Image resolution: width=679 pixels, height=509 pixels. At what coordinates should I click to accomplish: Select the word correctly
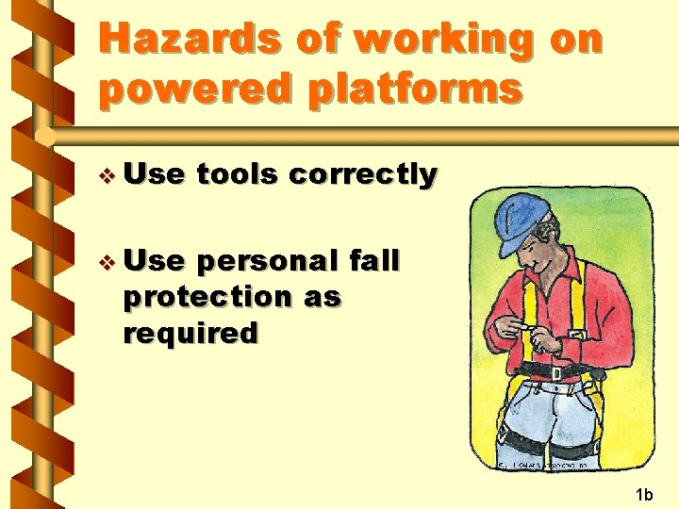[x=363, y=174]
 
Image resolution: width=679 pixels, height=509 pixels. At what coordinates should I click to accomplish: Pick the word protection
[x=209, y=296]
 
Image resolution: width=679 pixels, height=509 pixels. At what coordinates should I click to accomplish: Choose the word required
[x=190, y=333]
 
